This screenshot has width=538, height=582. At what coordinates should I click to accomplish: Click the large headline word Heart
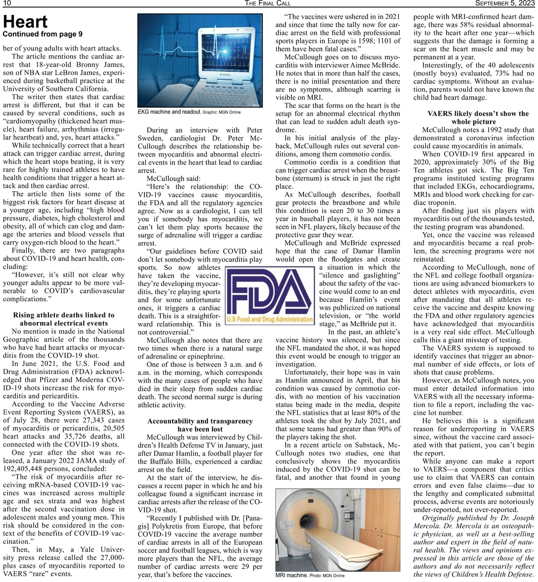(25, 22)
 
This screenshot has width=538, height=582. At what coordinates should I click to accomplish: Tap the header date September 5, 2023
(505, 4)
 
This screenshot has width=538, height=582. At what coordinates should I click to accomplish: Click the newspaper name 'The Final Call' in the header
(268, 4)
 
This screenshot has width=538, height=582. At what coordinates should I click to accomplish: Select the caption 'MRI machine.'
(291, 575)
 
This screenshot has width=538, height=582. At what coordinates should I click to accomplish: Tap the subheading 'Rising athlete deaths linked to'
(64, 315)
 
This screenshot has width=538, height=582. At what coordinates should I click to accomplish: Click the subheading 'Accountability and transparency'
(200, 421)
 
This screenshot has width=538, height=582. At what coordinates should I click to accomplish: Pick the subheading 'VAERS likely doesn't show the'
(478, 113)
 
